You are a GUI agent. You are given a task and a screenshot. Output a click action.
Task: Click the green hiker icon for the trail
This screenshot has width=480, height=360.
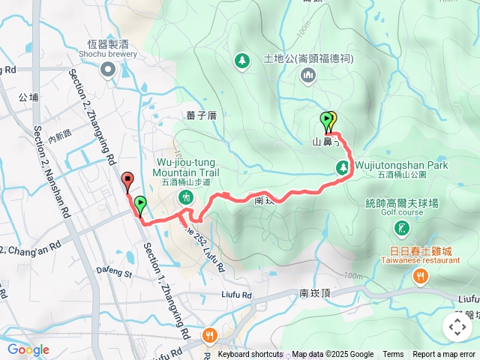click(186, 196)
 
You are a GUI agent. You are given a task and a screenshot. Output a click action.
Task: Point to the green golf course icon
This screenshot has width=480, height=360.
click(404, 227)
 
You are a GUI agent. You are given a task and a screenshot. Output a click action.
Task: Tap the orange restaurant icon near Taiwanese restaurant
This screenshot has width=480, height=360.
click(420, 278)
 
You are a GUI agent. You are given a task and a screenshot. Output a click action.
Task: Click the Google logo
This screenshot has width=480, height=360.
click(28, 349)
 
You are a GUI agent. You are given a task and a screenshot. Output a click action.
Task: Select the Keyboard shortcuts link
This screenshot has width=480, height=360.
click(250, 355)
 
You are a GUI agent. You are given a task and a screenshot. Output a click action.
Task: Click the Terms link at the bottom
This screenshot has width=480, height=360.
click(393, 355)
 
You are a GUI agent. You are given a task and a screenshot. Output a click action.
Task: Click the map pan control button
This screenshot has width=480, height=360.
click(457, 326)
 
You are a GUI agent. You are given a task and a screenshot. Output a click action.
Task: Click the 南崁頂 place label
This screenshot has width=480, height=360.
click(315, 293)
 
